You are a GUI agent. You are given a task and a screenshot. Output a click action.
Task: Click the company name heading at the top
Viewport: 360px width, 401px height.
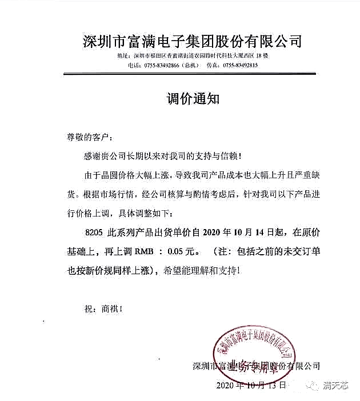point(192,41)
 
